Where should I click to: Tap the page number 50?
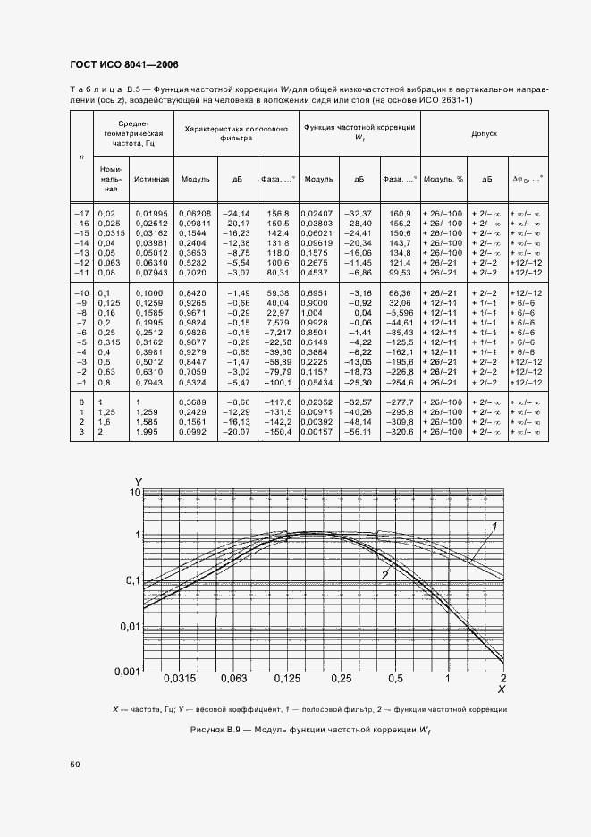[75, 765]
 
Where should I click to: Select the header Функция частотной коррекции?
[359, 132]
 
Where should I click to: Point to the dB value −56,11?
[361, 432]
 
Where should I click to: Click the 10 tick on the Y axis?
[136, 493]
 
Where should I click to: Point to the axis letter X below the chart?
[502, 689]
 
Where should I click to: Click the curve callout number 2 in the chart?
[384, 575]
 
